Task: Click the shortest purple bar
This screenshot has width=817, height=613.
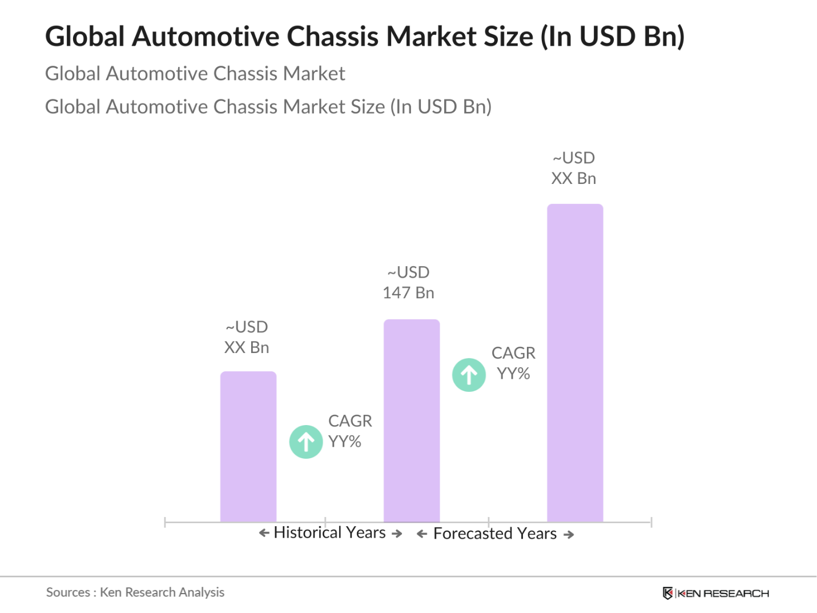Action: [248, 447]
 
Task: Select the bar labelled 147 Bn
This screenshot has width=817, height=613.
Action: [412, 420]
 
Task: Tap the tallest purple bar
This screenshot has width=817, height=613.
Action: [575, 363]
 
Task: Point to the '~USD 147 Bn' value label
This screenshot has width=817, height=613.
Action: [408, 282]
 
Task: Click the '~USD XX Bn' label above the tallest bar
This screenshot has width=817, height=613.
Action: [574, 168]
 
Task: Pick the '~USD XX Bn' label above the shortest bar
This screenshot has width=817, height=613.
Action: [247, 337]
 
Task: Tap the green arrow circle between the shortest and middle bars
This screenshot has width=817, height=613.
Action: [306, 442]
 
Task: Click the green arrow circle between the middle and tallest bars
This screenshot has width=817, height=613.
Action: [469, 375]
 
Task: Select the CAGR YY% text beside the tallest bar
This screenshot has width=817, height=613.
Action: [513, 363]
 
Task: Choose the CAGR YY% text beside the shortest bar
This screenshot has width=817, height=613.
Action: [349, 431]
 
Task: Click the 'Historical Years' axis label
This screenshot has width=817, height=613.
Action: [330, 532]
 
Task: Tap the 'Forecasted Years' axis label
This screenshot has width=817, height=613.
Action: [495, 534]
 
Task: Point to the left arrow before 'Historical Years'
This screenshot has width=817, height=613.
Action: [264, 533]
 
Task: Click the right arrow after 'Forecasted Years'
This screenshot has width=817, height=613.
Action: [569, 535]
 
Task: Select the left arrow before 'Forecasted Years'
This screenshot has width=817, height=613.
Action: [422, 534]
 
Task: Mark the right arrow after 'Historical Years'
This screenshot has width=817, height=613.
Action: [397, 534]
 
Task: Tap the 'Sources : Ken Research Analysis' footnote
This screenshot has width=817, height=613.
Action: [135, 592]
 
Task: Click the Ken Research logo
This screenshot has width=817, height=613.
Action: [716, 594]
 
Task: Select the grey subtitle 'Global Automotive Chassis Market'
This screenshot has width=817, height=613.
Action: [195, 74]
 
